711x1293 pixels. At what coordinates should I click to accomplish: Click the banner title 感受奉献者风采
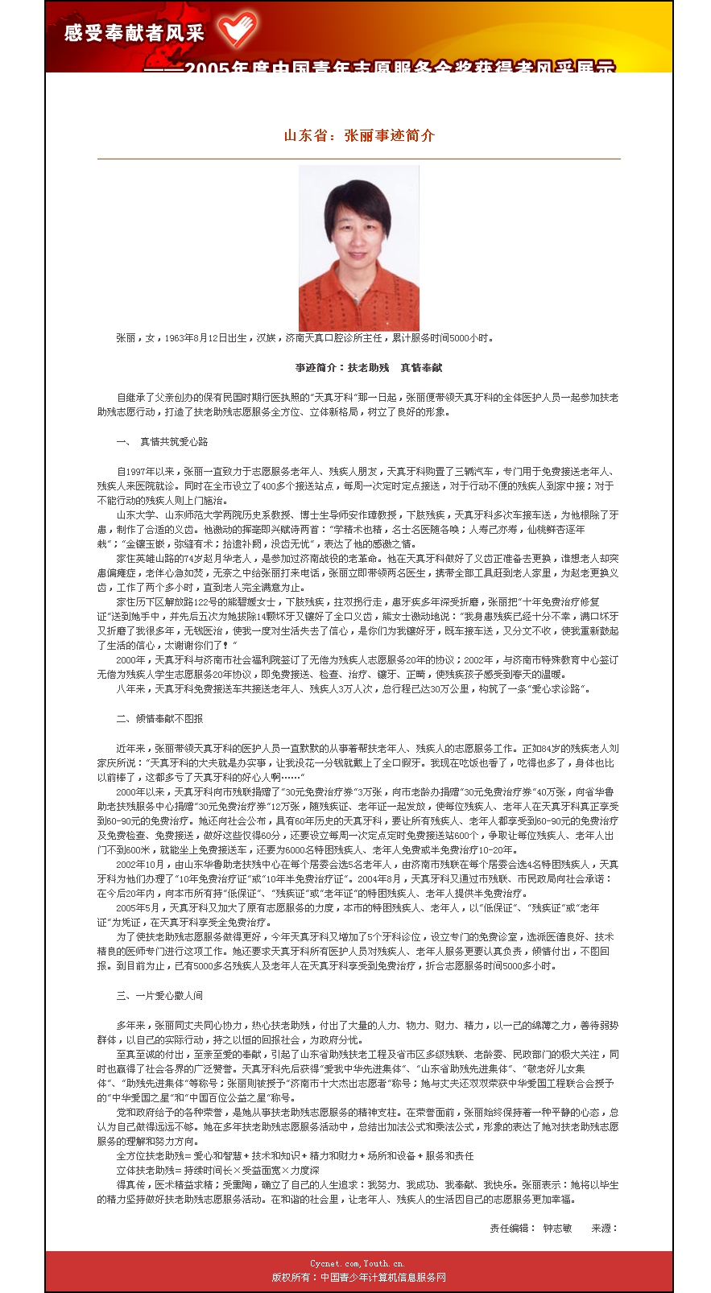(135, 33)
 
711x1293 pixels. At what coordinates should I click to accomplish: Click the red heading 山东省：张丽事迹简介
(359, 135)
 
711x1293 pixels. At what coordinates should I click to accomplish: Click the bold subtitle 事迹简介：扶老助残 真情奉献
(368, 368)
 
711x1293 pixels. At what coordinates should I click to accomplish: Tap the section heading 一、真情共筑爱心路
(163, 441)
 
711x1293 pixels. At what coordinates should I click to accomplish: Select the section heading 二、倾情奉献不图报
(159, 718)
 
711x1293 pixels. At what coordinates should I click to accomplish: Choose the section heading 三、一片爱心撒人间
(159, 996)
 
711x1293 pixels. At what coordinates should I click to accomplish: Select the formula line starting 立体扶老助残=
(217, 1170)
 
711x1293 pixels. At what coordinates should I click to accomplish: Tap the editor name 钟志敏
(557, 1228)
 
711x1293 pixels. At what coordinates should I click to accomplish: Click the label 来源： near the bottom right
(605, 1228)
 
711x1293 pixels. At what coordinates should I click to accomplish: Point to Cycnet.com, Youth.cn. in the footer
(358, 1263)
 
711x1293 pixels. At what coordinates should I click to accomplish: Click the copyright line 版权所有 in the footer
(358, 1277)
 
